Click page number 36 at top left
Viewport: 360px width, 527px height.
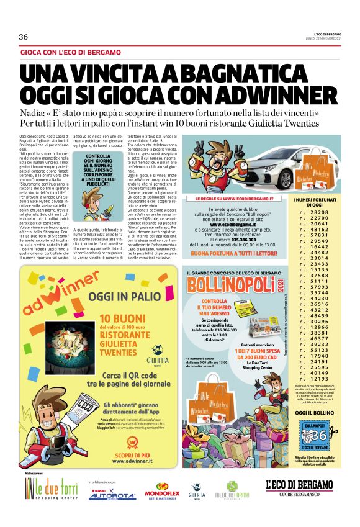24,37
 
